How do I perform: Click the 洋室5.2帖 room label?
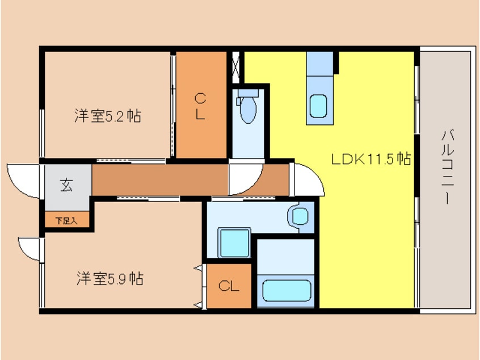107,116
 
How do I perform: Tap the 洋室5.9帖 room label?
110,279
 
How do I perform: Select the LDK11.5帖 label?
371,159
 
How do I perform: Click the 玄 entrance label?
67,185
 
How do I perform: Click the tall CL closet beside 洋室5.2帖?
200,106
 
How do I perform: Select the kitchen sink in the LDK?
318,106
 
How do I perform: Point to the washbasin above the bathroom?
299,216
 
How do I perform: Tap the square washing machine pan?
234,243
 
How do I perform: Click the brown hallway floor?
159,180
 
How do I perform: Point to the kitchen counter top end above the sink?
321,63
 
